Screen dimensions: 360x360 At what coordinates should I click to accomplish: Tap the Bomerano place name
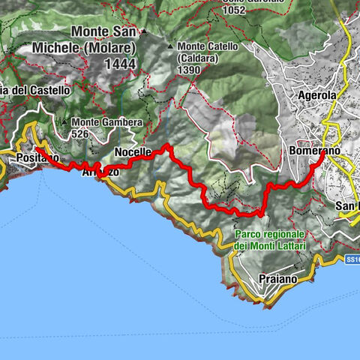tap(313, 150)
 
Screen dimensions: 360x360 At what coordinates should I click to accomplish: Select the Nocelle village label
tap(133, 152)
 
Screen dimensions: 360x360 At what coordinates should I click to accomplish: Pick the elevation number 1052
tap(244, 10)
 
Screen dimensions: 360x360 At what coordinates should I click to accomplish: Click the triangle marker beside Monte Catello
tap(172, 46)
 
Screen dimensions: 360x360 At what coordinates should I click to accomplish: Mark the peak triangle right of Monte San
tap(144, 33)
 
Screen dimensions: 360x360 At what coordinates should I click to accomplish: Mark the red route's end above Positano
tap(35, 148)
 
